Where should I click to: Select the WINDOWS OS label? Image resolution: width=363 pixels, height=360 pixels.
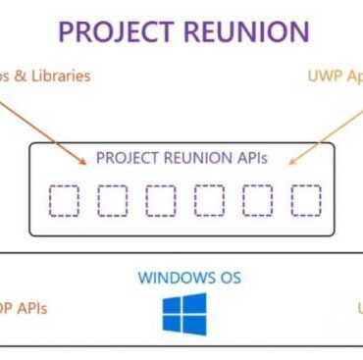point(189,278)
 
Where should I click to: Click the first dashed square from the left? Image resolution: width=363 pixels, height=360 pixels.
point(65,200)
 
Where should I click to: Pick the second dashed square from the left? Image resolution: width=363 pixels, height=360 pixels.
point(113,200)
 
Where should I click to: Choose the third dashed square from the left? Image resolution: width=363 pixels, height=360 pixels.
point(161,200)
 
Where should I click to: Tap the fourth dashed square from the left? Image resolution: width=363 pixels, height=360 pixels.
point(209,200)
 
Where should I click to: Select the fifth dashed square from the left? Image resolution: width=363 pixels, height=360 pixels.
point(257,200)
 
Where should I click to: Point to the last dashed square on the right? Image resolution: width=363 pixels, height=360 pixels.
point(305,200)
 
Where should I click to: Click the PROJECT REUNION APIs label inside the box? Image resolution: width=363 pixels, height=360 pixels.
point(181,157)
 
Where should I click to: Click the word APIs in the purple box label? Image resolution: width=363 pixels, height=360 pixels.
point(249,157)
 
